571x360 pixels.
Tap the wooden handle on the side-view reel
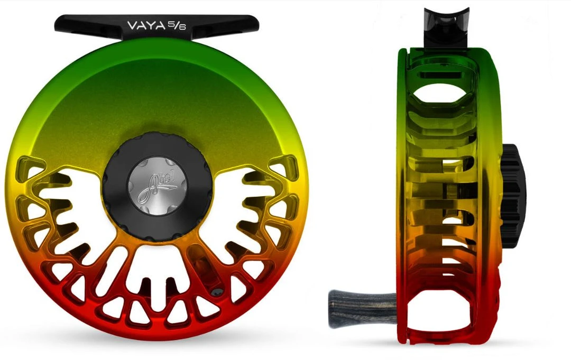point(360,305)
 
